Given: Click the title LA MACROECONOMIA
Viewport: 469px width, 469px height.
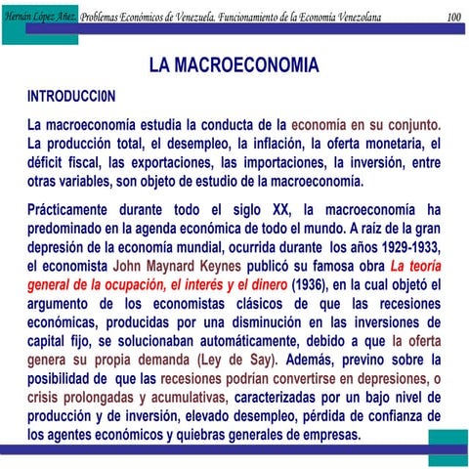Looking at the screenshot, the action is pyautogui.click(x=234, y=65).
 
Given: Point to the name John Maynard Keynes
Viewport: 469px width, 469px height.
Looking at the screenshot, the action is pyautogui.click(x=171, y=264).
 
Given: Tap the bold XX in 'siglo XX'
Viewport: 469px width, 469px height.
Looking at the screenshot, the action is pyautogui.click(x=280, y=209).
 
